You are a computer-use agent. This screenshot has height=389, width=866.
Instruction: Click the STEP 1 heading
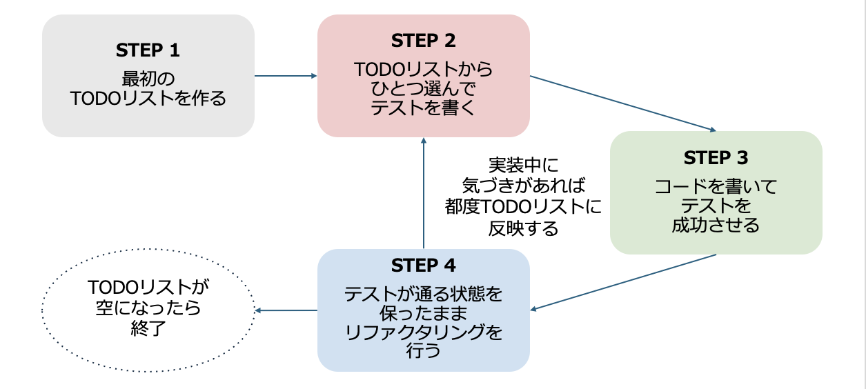click(148, 50)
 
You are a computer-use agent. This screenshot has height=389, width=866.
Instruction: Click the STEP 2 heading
click(423, 41)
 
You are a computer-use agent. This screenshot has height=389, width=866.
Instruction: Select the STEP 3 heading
click(716, 158)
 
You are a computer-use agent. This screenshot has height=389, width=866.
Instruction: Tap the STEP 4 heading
click(423, 266)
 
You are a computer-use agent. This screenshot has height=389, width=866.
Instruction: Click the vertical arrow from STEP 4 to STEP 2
click(424, 193)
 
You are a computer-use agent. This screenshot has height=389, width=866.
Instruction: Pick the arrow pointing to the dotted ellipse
click(286, 310)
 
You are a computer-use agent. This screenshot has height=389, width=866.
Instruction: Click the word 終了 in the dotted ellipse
click(148, 329)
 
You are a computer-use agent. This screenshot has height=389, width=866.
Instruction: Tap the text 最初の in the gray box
click(148, 77)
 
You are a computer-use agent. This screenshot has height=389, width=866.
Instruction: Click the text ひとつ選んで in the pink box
click(423, 88)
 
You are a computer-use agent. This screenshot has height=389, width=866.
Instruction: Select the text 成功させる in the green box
click(716, 225)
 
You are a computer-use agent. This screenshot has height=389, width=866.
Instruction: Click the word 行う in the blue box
click(423, 350)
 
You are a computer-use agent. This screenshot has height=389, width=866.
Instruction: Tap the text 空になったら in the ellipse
click(148, 308)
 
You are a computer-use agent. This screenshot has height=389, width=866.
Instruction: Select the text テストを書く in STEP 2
click(423, 108)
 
